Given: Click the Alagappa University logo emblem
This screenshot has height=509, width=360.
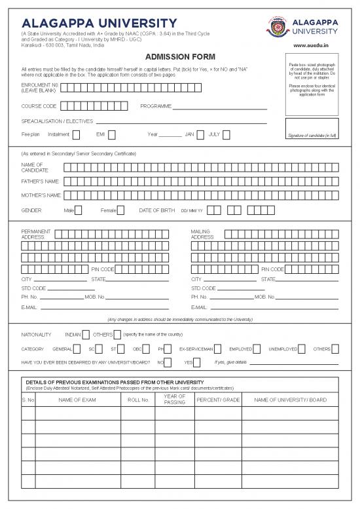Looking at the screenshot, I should [x=278, y=27].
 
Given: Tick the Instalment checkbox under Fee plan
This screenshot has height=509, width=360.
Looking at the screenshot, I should [x=76, y=135].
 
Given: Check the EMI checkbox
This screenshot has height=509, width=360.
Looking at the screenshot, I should [x=112, y=135].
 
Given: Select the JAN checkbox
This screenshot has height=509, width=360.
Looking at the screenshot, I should [x=200, y=135].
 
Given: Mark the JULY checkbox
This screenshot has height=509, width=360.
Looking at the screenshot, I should [x=226, y=135].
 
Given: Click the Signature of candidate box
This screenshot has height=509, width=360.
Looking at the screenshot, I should [x=312, y=128].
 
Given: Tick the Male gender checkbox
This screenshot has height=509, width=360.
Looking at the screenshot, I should [x=79, y=210].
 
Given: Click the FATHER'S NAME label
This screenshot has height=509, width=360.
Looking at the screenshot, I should [x=41, y=181].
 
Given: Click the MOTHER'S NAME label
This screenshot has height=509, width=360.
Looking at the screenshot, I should [x=41, y=195].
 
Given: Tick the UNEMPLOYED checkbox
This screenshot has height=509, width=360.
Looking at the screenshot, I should [x=302, y=349].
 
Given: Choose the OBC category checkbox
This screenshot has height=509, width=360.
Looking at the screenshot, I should [x=147, y=349].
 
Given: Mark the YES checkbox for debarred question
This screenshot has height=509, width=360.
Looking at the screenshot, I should [x=198, y=362].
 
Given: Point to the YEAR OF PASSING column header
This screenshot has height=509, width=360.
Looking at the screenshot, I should [x=175, y=400].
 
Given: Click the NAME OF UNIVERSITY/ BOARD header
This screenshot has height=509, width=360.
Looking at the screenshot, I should [x=290, y=400].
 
